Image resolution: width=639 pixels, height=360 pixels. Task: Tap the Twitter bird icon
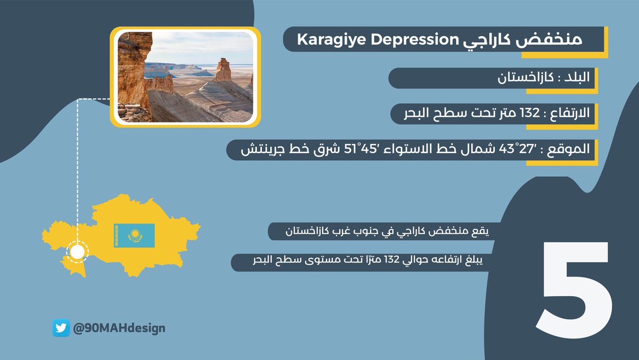[61, 328]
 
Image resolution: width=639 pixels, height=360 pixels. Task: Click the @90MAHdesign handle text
[118, 328]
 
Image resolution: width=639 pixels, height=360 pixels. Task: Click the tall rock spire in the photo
[223, 70]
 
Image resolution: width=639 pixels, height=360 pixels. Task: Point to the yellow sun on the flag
[134, 234]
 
